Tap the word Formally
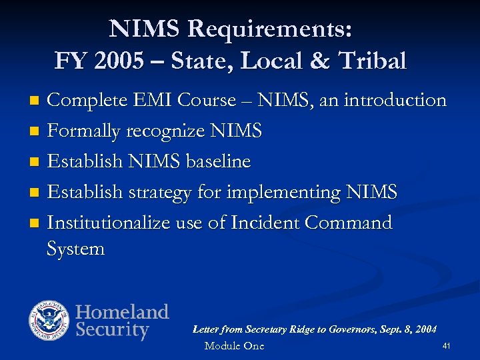point(86,131)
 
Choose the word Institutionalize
point(109,223)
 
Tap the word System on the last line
point(76,249)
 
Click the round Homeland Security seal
point(49,321)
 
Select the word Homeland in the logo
point(122,311)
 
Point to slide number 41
point(447,345)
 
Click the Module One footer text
point(234,345)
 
